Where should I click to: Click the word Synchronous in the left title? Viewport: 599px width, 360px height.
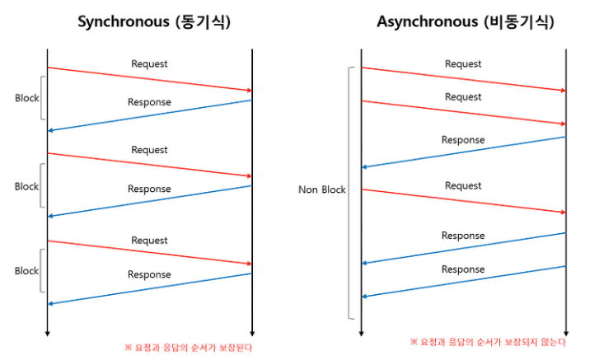click(x=124, y=22)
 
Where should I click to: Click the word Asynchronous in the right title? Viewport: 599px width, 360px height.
click(x=427, y=22)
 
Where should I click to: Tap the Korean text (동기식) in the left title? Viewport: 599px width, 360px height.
click(x=204, y=22)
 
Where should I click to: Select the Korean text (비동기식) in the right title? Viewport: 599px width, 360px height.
click(x=519, y=22)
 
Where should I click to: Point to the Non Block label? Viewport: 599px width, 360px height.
click(x=321, y=189)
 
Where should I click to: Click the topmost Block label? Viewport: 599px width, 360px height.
click(x=26, y=98)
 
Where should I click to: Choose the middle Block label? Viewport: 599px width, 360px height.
click(x=26, y=187)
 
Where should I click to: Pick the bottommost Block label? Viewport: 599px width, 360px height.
click(x=26, y=271)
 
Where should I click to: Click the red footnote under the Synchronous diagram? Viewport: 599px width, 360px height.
click(x=189, y=348)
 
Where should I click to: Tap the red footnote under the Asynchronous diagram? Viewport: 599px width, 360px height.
click(x=488, y=342)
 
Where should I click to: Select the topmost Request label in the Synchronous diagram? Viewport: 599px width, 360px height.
click(x=149, y=64)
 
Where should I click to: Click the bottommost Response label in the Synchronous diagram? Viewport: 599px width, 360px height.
click(x=149, y=275)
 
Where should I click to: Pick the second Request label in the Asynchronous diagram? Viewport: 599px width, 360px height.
click(x=463, y=97)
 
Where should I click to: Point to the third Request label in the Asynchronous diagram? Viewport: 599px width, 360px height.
click(x=463, y=186)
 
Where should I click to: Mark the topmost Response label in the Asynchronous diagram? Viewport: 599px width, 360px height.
click(x=463, y=140)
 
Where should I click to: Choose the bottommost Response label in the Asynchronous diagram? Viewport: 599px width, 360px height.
click(x=463, y=269)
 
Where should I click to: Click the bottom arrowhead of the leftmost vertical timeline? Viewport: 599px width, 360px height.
click(x=47, y=334)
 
